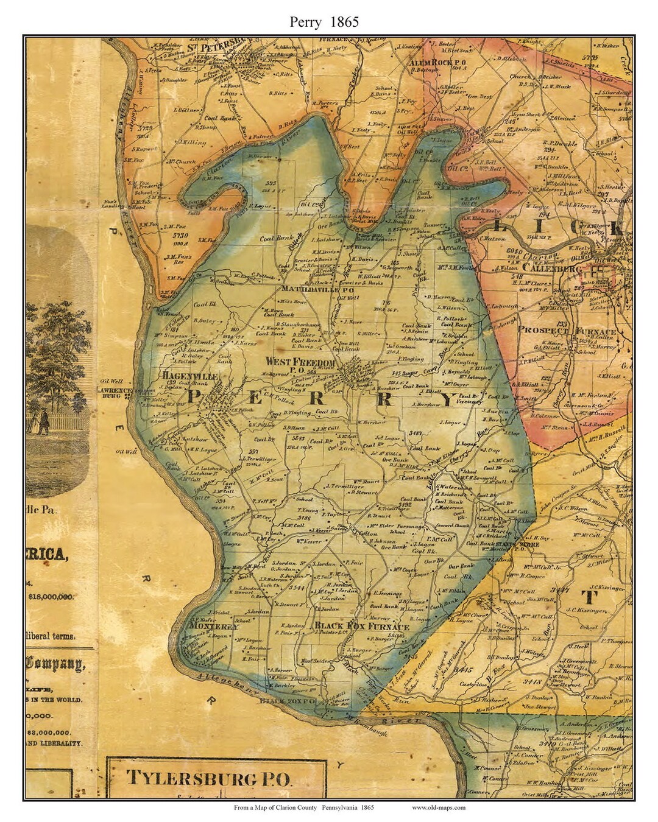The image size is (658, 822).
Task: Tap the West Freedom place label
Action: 300,361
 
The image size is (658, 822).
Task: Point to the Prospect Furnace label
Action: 567,331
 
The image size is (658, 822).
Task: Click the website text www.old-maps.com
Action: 438,807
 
